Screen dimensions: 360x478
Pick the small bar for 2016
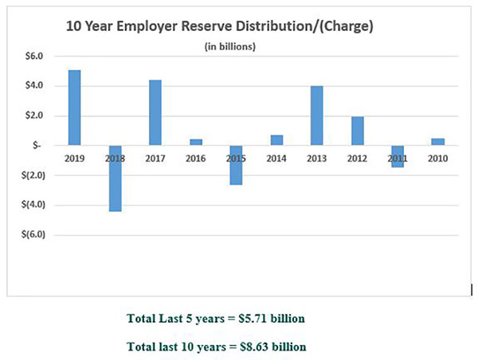(196, 143)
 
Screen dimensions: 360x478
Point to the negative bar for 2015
(237, 165)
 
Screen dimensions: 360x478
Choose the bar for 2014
(277, 140)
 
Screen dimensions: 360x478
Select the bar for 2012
(358, 131)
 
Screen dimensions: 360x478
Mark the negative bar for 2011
(398, 156)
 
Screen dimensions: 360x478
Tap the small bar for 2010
(438, 142)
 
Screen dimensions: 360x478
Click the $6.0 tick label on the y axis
(33, 56)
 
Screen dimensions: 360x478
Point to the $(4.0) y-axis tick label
(32, 205)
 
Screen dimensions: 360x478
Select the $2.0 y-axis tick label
(33, 115)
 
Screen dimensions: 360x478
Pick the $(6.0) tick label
(32, 235)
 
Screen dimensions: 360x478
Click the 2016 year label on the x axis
(196, 158)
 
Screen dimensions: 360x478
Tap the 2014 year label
(277, 158)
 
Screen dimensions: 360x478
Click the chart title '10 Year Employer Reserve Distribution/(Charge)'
(220, 25)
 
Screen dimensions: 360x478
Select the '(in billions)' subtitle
(230, 46)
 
